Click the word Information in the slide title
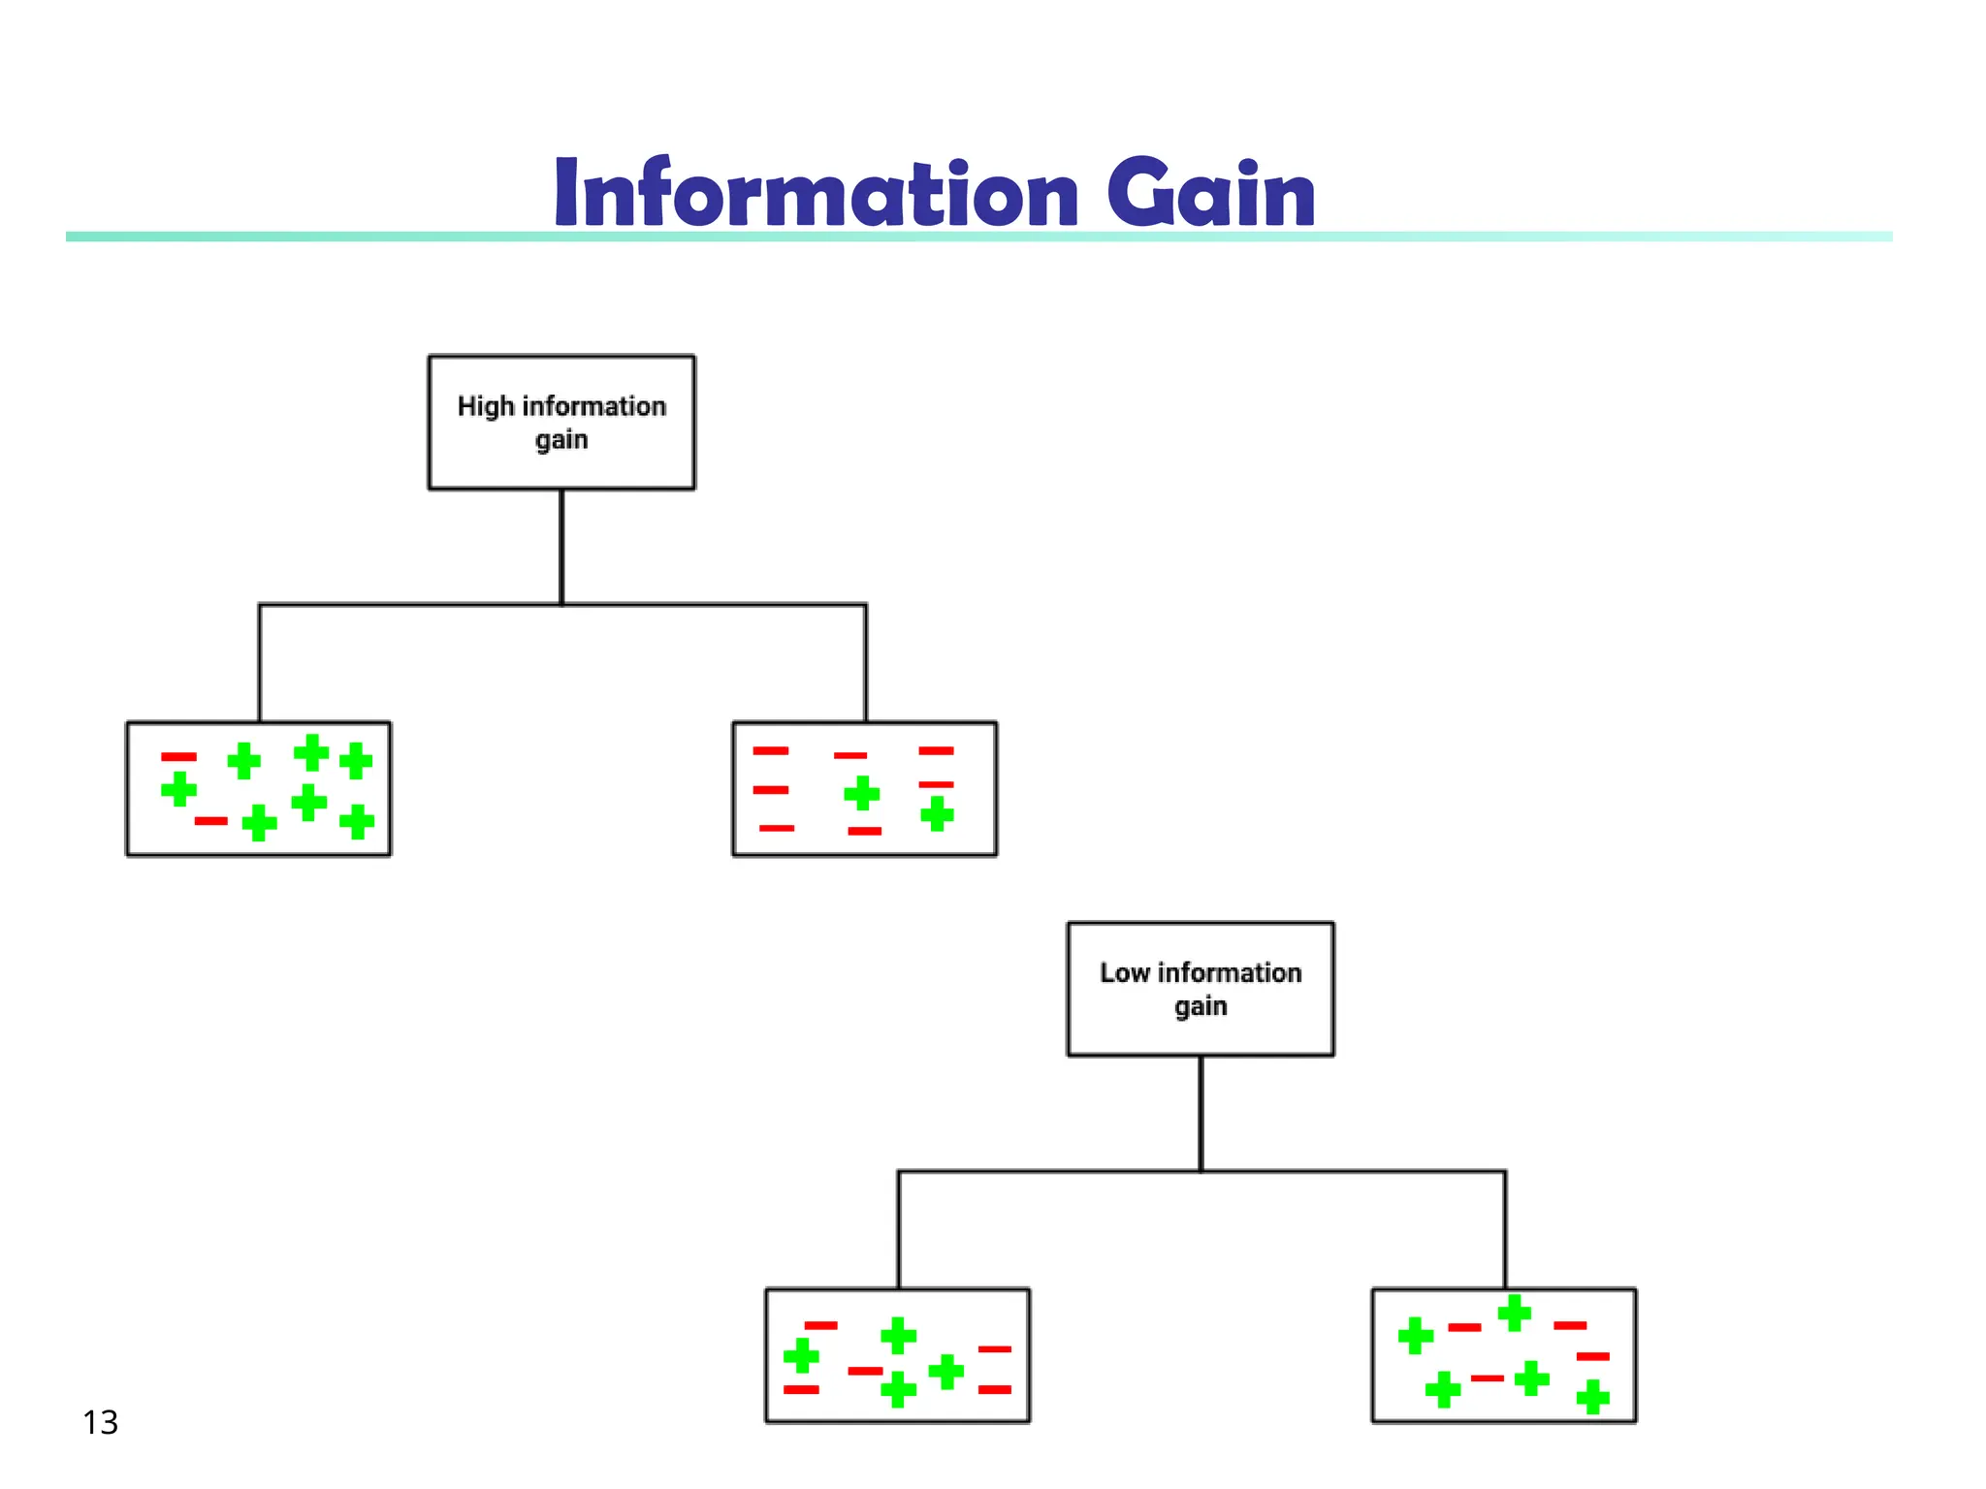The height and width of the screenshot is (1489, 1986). [816, 193]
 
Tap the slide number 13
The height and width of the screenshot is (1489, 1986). [100, 1422]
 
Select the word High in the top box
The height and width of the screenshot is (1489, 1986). [485, 406]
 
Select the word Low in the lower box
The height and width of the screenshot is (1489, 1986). [1124, 972]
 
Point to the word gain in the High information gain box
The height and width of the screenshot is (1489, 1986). [561, 440]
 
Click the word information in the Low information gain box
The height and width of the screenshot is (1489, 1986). [1229, 972]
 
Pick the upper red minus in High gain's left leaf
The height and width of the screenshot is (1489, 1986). [178, 756]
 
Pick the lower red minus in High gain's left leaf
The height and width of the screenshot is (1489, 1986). [210, 821]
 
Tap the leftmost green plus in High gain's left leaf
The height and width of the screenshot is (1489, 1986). [178, 789]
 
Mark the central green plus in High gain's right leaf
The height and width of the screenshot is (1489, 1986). [861, 793]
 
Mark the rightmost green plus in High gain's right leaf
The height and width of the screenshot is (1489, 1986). [937, 813]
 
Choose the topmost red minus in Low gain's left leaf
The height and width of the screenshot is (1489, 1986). [820, 1324]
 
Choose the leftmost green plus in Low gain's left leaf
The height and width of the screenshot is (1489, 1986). [801, 1355]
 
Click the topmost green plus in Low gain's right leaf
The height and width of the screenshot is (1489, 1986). [1514, 1314]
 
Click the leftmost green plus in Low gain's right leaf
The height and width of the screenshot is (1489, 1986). [1415, 1335]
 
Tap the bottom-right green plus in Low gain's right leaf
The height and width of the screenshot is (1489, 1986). [1592, 1397]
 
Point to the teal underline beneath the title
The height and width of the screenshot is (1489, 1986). [291, 237]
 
